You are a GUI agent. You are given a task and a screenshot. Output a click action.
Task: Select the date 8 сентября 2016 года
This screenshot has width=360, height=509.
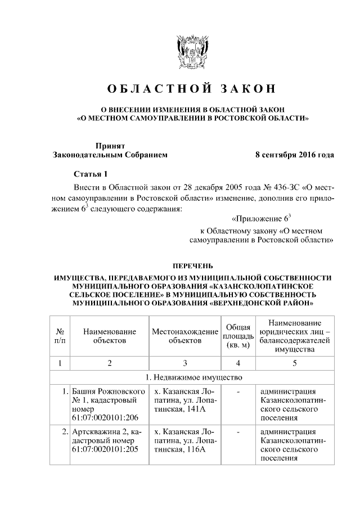pyautogui.click(x=295, y=155)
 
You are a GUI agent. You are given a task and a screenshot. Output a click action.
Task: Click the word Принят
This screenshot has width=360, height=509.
pyautogui.click(x=106, y=145)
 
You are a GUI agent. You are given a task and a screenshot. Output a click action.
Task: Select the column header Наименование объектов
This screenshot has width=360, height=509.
pyautogui.click(x=110, y=336)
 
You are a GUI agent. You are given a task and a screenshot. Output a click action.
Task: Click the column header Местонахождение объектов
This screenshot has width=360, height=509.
pyautogui.click(x=185, y=336)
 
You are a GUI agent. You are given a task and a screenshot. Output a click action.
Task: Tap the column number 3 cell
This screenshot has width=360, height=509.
pyautogui.click(x=185, y=363)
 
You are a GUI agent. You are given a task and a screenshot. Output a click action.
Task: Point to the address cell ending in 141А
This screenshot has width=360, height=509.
pyautogui.click(x=185, y=399)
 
